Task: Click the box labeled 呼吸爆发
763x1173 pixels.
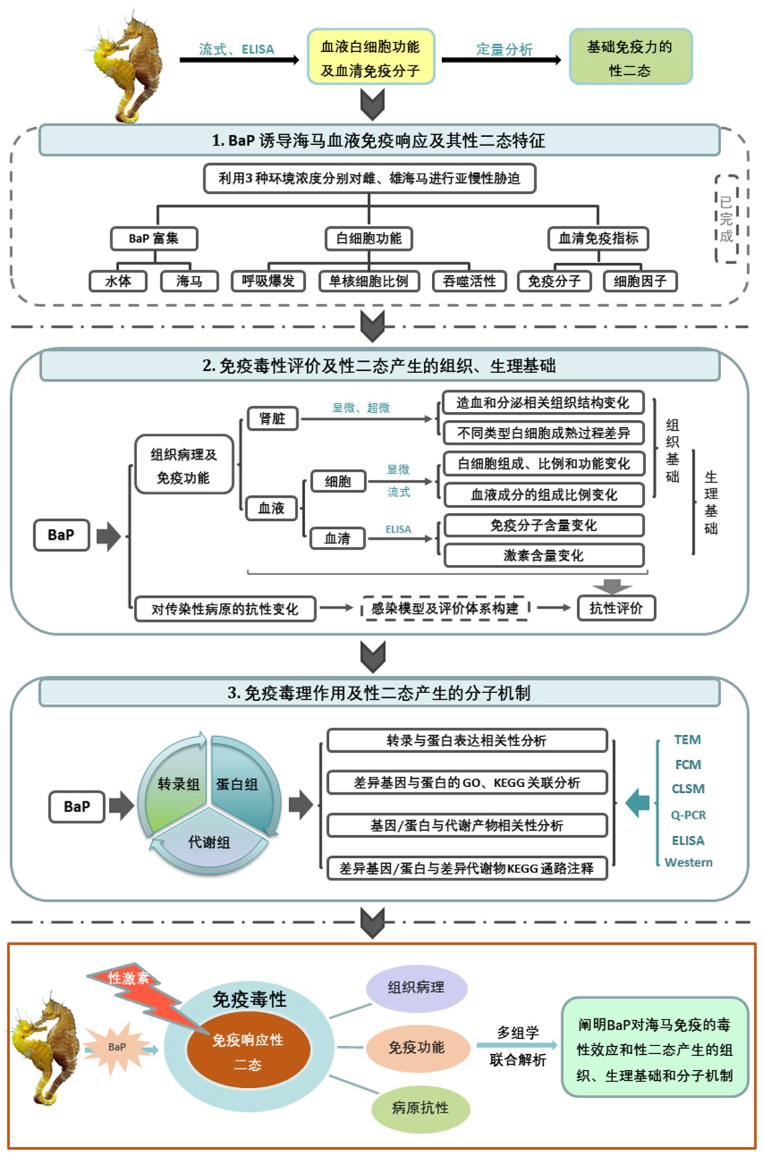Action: coord(268,281)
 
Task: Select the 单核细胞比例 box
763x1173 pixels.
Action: coord(369,281)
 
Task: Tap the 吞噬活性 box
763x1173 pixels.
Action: coord(469,281)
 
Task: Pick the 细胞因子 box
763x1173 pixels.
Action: coord(640,281)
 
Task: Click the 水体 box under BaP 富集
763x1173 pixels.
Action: coord(118,281)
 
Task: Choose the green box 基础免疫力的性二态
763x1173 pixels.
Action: coord(630,58)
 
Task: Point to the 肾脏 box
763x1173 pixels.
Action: coord(273,419)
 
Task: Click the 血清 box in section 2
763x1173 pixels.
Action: coord(337,538)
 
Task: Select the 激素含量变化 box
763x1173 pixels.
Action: coord(543,556)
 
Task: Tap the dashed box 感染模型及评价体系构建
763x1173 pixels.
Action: coord(445,608)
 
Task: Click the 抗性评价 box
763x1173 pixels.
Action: coord(616,608)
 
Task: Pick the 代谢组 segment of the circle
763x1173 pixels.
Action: coord(209,843)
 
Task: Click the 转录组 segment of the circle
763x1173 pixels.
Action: coord(177,784)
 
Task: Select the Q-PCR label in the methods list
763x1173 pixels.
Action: coord(688,815)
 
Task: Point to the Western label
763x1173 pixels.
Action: coord(688,862)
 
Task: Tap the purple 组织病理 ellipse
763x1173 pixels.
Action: coord(416,988)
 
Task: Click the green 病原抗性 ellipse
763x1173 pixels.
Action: coord(420,1107)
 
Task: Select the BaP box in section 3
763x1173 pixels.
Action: coord(77,806)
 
